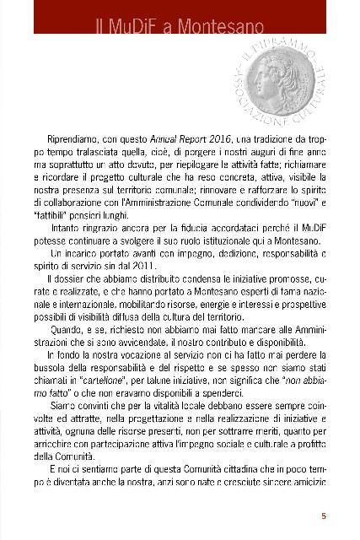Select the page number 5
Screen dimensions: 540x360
[325, 516]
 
